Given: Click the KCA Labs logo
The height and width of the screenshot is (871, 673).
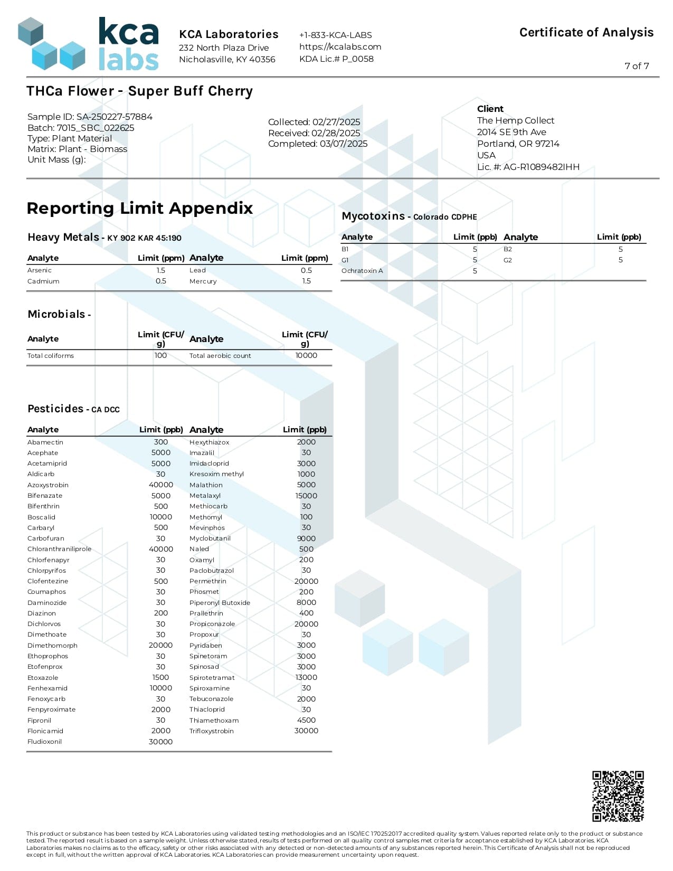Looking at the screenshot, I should [89, 44].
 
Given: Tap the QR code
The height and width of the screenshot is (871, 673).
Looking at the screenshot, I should [618, 796].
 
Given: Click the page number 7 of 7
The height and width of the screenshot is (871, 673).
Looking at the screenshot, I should [637, 66].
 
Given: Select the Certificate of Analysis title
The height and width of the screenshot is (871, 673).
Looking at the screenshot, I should [586, 33].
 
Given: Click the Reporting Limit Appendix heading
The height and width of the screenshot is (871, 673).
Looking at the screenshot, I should [140, 208].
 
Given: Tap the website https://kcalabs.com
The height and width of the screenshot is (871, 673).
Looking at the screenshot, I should [340, 46].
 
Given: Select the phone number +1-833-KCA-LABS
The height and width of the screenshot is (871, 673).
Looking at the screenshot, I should [335, 35].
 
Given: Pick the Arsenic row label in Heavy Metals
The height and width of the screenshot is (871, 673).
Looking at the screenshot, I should [40, 270].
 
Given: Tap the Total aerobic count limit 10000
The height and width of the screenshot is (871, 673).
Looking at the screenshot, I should [306, 355].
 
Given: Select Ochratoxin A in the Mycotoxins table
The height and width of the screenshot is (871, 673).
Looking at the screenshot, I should [362, 271].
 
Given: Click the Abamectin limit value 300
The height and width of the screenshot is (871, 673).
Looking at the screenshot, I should [161, 442].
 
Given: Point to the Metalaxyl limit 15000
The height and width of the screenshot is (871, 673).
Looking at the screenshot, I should [306, 496].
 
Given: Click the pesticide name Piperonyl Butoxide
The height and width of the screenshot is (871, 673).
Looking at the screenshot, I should [220, 603].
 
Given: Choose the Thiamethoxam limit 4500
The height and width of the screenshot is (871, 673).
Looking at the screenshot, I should [306, 720].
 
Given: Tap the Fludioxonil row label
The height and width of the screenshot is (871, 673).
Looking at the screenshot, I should [45, 742].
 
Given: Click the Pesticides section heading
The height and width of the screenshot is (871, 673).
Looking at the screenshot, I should [73, 409].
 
